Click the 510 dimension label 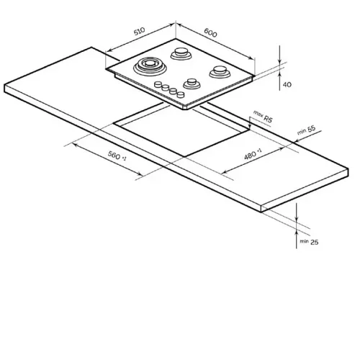pos(140,31)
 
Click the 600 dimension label pos(210,32)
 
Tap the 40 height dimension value pos(287,84)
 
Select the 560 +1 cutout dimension pos(117,156)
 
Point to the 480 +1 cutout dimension pos(253,154)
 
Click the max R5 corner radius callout pos(264,117)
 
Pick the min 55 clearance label pos(306,130)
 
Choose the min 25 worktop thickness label pos(309,242)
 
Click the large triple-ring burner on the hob pos(150,66)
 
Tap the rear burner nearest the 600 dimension pos(181,54)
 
